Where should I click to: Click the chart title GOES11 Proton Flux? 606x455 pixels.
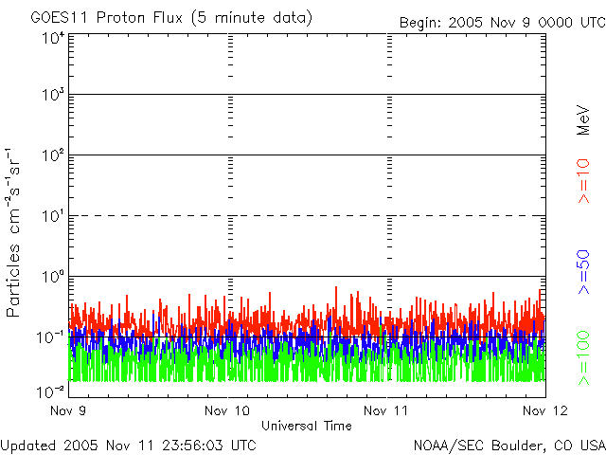pos(107,18)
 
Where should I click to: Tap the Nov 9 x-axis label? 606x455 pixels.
pos(68,410)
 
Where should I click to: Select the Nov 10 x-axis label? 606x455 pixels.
pos(227,410)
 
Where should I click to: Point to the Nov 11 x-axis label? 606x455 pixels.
pos(385,410)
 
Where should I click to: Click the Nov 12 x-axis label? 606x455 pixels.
pos(545,410)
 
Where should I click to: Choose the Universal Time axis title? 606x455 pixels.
pos(307,426)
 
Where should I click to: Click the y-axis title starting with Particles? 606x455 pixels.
pos(12,232)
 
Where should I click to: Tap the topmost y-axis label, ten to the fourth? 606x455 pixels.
pos(53,38)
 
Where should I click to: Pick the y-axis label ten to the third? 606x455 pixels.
pos(53,94)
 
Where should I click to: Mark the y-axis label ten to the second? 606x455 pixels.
pos(53,155)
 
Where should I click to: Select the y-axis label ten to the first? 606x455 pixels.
pos(53,215)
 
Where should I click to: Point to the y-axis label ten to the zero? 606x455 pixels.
pos(53,276)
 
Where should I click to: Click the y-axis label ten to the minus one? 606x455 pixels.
pos(50,337)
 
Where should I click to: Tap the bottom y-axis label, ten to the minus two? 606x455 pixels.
pos(50,391)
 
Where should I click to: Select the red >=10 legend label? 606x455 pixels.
pos(583,181)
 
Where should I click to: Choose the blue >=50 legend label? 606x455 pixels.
pos(583,272)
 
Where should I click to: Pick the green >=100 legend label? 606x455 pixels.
pos(583,358)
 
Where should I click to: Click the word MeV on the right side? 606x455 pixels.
pos(583,120)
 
